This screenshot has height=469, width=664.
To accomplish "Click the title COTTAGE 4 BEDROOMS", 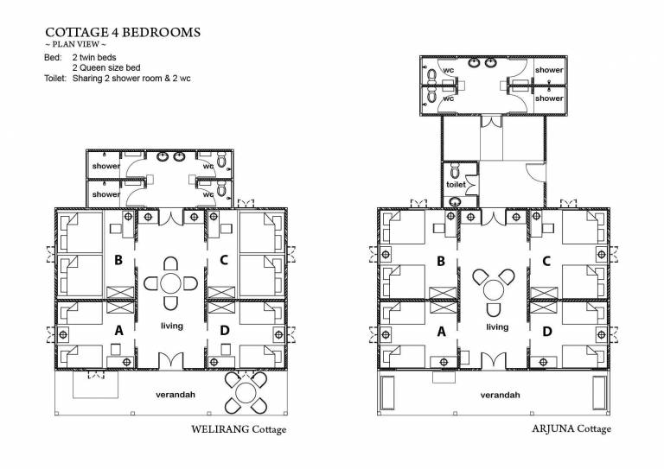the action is [x=123, y=32].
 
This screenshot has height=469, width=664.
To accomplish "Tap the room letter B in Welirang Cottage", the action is [x=118, y=260].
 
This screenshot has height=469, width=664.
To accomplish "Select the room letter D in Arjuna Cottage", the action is [x=547, y=331].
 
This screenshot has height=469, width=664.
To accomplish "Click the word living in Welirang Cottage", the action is [x=172, y=326].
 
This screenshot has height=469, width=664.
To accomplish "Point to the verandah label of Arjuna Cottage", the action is [x=500, y=395].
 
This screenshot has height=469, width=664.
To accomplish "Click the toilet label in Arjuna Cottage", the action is [x=456, y=184].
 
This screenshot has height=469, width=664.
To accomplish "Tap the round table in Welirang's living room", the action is [x=170, y=283].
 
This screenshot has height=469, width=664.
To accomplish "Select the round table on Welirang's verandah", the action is [x=246, y=393].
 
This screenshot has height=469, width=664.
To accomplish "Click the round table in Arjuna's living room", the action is [x=494, y=290].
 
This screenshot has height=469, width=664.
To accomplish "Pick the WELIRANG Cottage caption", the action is [x=239, y=429].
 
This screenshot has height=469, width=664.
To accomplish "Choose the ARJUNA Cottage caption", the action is [x=571, y=428].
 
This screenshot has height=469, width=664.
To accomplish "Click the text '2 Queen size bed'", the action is [x=106, y=67].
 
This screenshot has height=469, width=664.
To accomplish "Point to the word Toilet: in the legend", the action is [x=55, y=79].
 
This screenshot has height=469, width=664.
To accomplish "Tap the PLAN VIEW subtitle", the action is [x=75, y=44].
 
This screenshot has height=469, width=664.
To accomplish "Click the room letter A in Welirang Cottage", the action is [x=119, y=330].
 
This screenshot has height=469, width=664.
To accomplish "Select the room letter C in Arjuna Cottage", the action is [x=546, y=261].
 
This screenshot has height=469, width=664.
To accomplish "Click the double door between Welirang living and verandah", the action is [x=170, y=360].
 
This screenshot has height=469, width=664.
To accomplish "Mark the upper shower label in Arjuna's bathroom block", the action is [x=549, y=70].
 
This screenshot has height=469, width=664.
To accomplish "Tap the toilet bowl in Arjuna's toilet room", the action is [x=455, y=171].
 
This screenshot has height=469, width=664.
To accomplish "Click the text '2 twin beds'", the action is [x=94, y=58].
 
